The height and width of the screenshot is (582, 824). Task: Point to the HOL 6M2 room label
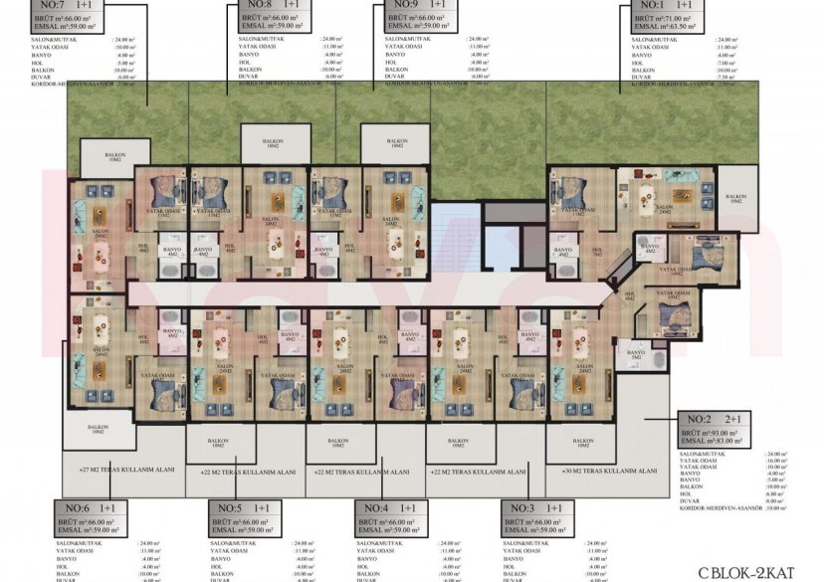click(628, 295)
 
